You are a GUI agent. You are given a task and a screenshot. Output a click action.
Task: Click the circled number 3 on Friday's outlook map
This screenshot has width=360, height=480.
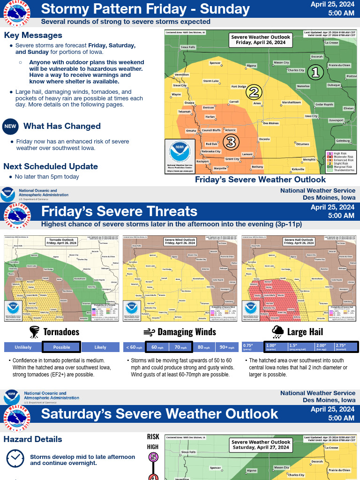[231, 141]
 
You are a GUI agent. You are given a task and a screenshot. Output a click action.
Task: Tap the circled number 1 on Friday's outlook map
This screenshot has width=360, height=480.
[315, 72]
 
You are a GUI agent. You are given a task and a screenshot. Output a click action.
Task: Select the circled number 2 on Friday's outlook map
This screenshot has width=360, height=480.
[254, 92]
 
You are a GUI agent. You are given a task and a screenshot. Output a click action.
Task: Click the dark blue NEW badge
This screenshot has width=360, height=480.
[10, 126]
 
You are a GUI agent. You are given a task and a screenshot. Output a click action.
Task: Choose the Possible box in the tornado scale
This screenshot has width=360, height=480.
[61, 347]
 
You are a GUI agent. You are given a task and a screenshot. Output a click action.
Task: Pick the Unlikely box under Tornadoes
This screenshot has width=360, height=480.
[23, 347]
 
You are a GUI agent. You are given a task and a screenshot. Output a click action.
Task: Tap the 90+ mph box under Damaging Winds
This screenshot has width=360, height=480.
[227, 347]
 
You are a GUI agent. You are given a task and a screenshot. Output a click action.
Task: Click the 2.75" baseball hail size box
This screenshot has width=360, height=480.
[345, 347]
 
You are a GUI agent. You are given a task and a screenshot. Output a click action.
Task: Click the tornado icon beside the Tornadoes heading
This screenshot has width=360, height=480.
[35, 332]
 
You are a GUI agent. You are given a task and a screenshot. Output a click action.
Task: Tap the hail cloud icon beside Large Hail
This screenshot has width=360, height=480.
[277, 332]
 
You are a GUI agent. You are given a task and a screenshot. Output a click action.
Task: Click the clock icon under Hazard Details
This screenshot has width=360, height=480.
[15, 458]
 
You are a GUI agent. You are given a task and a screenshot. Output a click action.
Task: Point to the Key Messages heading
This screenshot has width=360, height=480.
[33, 36]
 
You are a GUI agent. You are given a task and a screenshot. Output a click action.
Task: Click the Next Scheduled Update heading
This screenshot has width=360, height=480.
[51, 166]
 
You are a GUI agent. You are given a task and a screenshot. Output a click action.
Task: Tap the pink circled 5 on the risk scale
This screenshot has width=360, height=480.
[153, 457]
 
